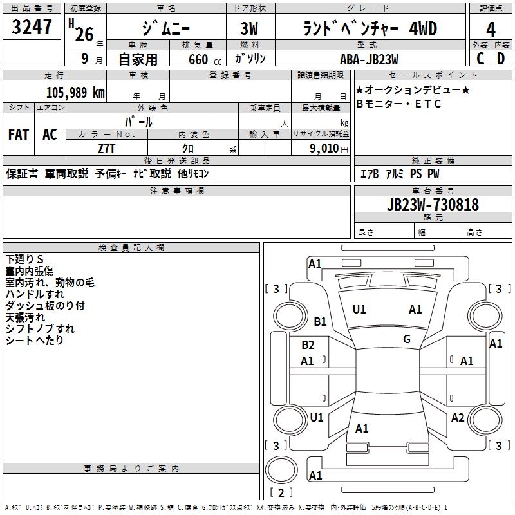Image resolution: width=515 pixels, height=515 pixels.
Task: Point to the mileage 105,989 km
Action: click(75, 93)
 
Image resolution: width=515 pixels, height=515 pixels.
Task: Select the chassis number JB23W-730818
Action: click(433, 205)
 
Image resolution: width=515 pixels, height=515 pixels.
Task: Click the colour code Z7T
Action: click(107, 148)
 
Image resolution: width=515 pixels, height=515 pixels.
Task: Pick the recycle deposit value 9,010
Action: click(326, 149)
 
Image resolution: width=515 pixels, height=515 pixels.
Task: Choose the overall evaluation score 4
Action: click(491, 30)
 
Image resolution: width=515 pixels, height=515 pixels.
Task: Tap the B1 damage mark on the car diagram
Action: click(320, 321)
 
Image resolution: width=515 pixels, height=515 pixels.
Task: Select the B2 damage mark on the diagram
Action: click(308, 345)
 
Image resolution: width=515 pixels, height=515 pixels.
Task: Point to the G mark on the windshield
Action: click(407, 339)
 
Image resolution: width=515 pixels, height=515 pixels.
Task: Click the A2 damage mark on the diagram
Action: click(458, 418)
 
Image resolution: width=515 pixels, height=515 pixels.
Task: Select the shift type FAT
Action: click(18, 135)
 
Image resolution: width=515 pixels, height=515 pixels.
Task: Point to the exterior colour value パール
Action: click(138, 121)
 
